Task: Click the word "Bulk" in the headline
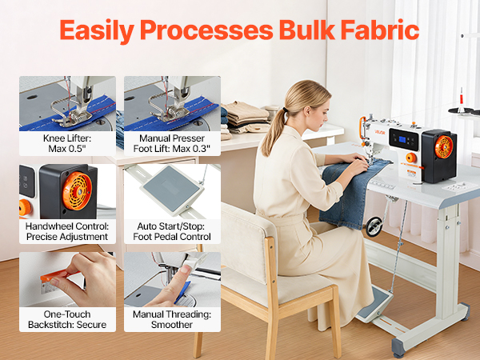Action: [x=306, y=30]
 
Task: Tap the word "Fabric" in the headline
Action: [x=380, y=30]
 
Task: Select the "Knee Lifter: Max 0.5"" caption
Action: [x=67, y=143]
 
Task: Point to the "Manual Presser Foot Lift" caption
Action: [x=172, y=143]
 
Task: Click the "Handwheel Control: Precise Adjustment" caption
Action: [x=67, y=231]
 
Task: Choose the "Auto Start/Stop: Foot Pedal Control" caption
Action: [x=172, y=231]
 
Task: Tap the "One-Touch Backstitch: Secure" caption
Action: [x=67, y=319]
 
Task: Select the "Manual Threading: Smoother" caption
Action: [x=172, y=319]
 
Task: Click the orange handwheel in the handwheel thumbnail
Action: [x=77, y=191]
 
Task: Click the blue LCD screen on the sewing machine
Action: [x=402, y=140]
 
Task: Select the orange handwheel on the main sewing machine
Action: [x=444, y=147]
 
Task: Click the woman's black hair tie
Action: [x=286, y=110]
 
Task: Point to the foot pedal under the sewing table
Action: [x=374, y=305]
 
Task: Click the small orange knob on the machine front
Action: [x=410, y=158]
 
